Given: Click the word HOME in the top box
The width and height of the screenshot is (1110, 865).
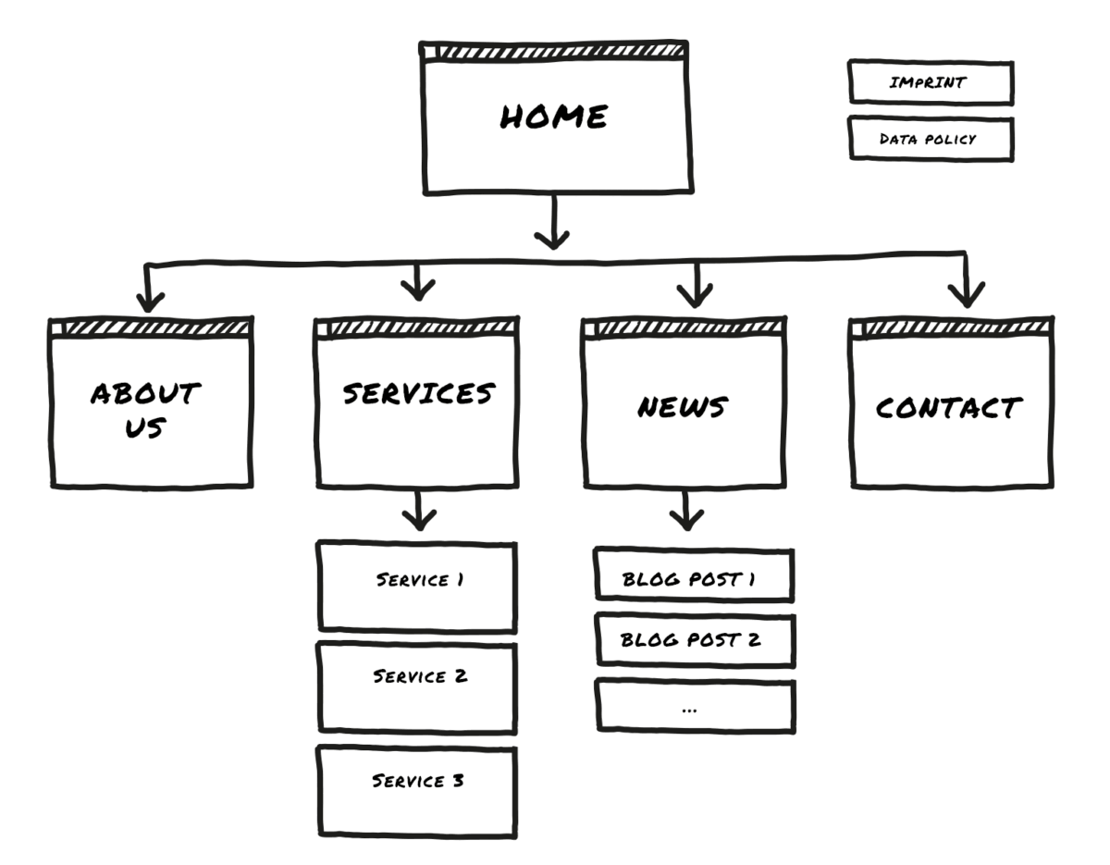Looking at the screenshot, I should coord(554,117).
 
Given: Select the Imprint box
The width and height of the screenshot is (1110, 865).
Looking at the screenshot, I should coord(931,83).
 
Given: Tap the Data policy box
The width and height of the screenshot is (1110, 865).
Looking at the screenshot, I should coord(931,139).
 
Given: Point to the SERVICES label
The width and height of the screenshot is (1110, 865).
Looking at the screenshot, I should coord(418,394).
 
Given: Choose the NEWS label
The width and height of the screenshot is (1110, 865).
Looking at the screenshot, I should coord(683,407).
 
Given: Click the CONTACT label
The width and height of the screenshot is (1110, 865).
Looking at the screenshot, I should coord(948,408).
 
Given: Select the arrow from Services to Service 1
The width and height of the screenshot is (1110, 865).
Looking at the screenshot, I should coord(419,510).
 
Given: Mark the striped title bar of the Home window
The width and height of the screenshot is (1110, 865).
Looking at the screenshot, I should coord(555,52).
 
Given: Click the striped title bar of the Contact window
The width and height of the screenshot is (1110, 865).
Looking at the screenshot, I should coord(952,327).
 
